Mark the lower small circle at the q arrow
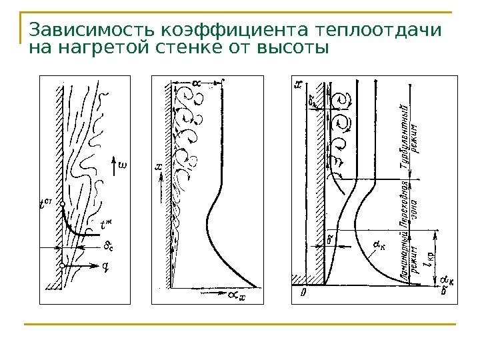pyautogui.click(x=61, y=266)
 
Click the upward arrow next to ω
pyautogui.click(x=119, y=163)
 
